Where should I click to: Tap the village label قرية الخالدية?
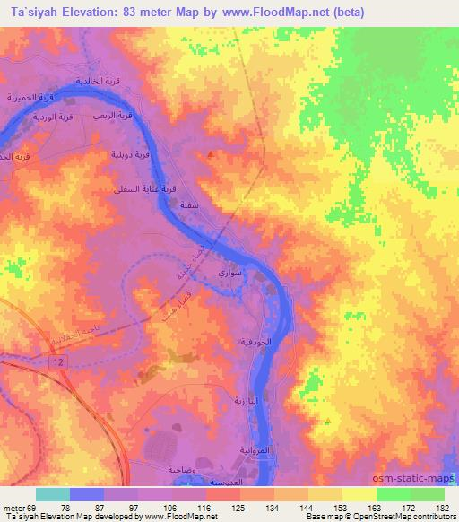pyautogui.click(x=99, y=81)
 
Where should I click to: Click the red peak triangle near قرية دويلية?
pyautogui.click(x=211, y=154)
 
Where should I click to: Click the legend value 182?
pyautogui.click(x=441, y=508)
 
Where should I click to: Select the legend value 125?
pyautogui.click(x=237, y=508)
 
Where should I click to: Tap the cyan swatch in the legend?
pyautogui.click(x=53, y=494)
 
